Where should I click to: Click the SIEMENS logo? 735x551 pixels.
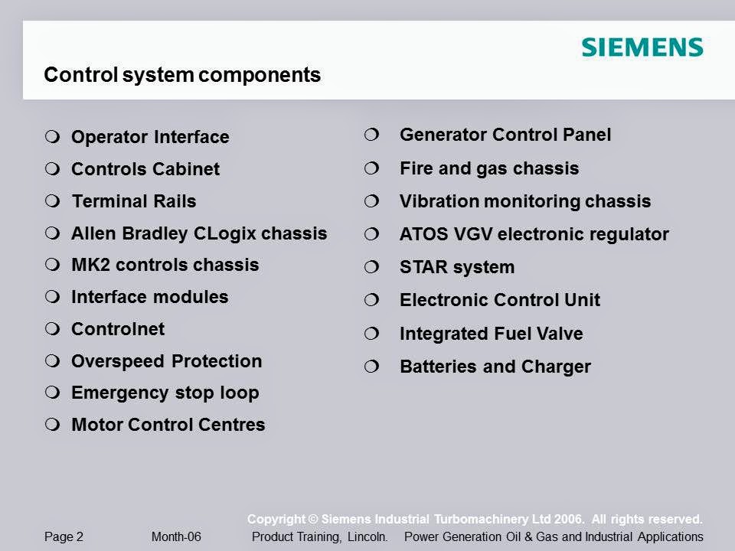point(642,47)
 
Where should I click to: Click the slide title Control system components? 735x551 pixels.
point(182,75)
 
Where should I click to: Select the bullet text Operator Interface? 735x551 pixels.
point(150,137)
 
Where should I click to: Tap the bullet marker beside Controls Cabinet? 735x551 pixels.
point(52,168)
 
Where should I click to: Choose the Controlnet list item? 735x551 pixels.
point(118,329)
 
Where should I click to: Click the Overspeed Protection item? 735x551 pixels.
point(166,361)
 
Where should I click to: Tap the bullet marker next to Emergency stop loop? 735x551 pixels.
point(52,393)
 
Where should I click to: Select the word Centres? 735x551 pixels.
point(232,425)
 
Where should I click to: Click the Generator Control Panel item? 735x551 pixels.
point(505,135)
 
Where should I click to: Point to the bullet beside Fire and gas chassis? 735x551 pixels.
point(371,168)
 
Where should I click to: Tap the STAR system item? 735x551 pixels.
point(457,267)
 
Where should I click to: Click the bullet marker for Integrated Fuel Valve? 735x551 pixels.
point(371,334)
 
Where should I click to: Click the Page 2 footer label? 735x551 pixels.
point(64,536)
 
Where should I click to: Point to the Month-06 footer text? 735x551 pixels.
point(176,536)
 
